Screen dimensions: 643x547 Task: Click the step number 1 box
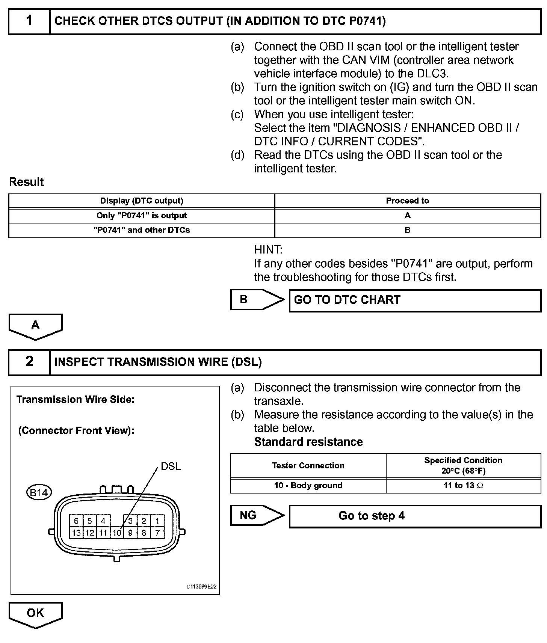coord(29,21)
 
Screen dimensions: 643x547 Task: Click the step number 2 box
coord(29,362)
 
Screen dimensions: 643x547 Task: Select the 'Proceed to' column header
coord(407,201)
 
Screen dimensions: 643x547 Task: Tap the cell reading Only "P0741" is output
coord(142,216)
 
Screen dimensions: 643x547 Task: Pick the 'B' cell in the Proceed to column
coord(407,230)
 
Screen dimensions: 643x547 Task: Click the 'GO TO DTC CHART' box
coord(415,300)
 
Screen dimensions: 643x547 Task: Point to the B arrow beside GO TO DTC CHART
coord(257,300)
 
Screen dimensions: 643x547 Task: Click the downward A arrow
coord(35,326)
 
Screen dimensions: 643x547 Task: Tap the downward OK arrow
coord(35,614)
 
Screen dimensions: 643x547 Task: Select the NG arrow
coord(257,515)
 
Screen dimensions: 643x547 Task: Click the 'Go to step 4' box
coord(415,516)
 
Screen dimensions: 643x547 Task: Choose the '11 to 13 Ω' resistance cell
coord(463,486)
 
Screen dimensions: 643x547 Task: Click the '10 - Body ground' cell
coord(308,486)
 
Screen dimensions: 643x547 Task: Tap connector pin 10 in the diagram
coord(117,533)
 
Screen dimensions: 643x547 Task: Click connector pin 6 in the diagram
coord(76,521)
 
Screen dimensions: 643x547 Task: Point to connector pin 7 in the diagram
coord(157,533)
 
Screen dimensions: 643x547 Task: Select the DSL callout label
coord(171,466)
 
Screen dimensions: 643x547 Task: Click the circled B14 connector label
coord(39,492)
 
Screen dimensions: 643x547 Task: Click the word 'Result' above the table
coord(26,182)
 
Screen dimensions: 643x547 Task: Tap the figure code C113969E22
coord(201,587)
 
